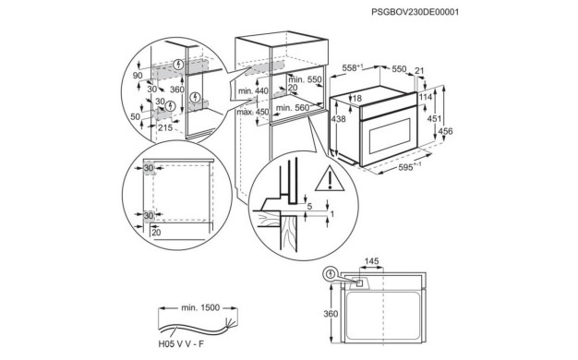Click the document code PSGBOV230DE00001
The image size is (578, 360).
[x=415, y=12]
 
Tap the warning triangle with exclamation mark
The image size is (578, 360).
[x=330, y=179]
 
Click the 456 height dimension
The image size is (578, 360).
[x=445, y=131]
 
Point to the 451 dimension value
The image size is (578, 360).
[x=434, y=119]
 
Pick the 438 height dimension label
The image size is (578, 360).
[x=338, y=119]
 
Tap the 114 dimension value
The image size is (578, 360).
[x=426, y=97]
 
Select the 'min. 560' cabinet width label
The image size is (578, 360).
[x=293, y=108]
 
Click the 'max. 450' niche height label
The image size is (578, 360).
[x=252, y=112]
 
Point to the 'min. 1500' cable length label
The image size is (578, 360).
[x=200, y=307]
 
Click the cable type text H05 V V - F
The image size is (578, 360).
[x=181, y=344]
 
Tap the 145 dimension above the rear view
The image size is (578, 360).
[x=371, y=261]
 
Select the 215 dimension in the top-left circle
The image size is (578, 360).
[x=165, y=127]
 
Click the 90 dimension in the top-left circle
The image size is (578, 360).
[x=138, y=76]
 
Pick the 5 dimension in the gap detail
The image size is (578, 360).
[x=309, y=207]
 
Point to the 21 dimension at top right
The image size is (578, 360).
[x=419, y=71]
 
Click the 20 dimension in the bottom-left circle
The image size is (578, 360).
[x=156, y=233]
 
